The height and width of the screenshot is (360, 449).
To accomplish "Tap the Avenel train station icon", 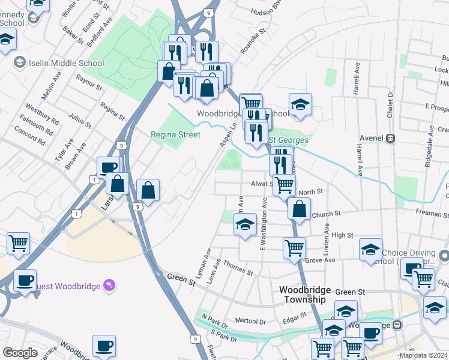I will click(391, 137).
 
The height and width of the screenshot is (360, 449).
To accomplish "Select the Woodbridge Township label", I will click(302, 294).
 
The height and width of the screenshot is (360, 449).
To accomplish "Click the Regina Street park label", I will click(175, 134).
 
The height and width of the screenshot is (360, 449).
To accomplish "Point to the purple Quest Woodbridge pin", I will click(109, 285).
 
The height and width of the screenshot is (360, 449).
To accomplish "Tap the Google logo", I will click(20, 353).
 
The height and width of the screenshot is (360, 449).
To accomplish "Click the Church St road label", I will click(326, 213).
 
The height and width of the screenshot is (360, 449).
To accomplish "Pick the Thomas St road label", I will click(238, 268).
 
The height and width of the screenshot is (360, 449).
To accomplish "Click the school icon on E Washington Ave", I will click(245, 226).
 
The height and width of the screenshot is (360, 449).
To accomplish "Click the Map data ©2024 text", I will click(424, 355).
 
